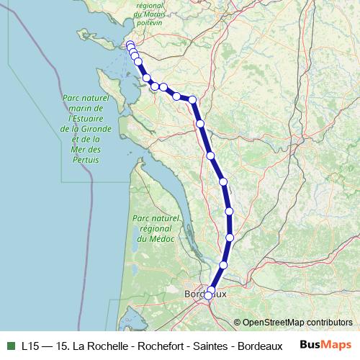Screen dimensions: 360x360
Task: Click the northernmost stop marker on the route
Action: pyautogui.click(x=130, y=45)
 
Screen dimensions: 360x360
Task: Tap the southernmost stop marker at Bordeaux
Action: pyautogui.click(x=210, y=294)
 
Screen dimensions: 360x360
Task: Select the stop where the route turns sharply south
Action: pyautogui.click(x=192, y=99)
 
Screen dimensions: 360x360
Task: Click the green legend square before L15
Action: pyautogui.click(x=10, y=346)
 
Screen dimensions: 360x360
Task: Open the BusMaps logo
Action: pyautogui.click(x=325, y=345)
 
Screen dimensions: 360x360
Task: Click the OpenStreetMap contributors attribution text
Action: pyautogui.click(x=297, y=323)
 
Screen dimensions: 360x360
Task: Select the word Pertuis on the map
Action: pyautogui.click(x=84, y=159)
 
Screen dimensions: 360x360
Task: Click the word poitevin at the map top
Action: pyautogui.click(x=161, y=23)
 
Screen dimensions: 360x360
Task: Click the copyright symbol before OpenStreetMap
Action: pyautogui.click(x=237, y=323)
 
